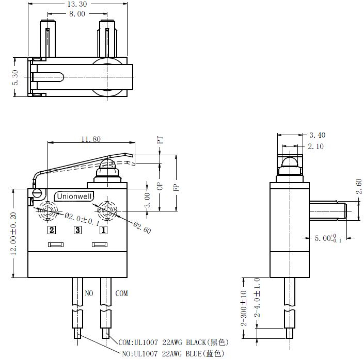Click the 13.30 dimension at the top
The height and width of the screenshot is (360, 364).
[77, 4]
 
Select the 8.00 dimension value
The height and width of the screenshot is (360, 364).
[77, 14]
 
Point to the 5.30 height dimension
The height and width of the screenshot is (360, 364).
[15, 77]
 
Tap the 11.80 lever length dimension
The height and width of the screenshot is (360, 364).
[91, 139]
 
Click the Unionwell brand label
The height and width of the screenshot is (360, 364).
[74, 197]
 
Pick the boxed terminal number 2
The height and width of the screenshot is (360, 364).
[52, 230]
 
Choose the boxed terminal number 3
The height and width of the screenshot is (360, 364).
[77, 230]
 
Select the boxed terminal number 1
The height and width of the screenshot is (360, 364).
[104, 230]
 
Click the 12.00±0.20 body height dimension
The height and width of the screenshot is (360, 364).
[14, 234]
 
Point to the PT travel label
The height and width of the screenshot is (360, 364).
[160, 140]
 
